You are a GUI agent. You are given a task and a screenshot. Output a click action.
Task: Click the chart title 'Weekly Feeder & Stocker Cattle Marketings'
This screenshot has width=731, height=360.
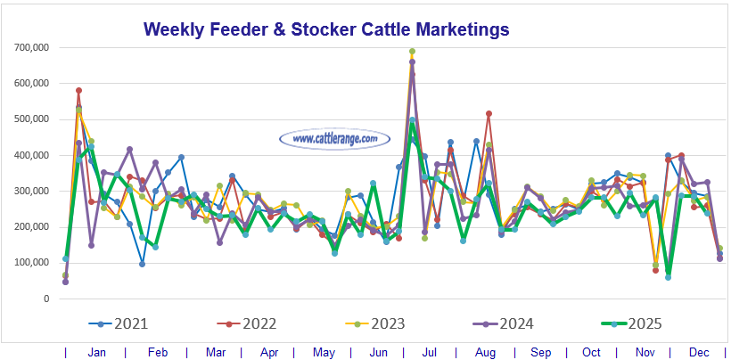tap(326, 29)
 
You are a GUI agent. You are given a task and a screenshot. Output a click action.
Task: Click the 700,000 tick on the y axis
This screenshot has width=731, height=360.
tap(30, 47)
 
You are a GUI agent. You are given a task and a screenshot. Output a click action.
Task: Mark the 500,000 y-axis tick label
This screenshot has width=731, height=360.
tap(30, 119)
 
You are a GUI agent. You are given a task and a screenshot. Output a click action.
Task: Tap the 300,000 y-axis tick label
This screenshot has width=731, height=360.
tap(30, 192)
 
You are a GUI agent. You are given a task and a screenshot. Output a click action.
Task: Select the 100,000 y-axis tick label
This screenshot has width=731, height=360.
tap(30, 263)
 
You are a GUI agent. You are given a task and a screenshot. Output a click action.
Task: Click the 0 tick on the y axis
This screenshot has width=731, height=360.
tap(45, 299)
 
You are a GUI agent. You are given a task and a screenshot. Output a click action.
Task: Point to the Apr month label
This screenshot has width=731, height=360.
tap(268, 353)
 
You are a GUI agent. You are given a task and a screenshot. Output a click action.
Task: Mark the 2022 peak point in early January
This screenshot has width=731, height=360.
tap(79, 90)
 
